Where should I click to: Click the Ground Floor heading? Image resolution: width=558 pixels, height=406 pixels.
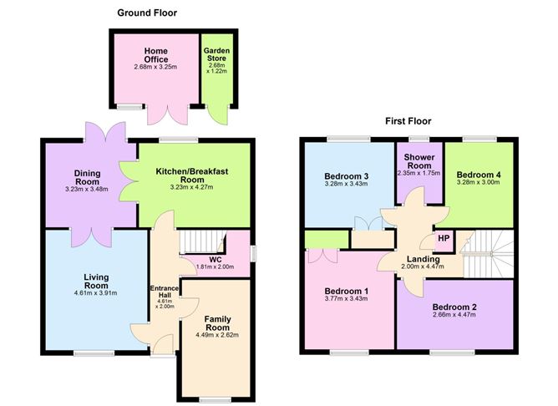(147, 13)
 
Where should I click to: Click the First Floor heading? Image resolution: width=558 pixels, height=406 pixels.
(408, 121)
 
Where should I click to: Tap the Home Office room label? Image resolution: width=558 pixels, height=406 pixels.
(155, 54)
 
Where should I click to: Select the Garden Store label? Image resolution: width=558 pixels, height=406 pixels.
(216, 55)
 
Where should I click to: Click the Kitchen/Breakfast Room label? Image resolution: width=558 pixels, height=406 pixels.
(192, 175)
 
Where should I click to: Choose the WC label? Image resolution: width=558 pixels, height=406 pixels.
(215, 259)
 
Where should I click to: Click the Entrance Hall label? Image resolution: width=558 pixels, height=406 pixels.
(164, 293)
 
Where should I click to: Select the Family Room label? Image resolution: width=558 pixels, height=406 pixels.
(222, 323)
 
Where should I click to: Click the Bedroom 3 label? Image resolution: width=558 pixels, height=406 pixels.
(347, 175)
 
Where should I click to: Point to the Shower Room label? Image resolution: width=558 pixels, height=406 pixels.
(417, 161)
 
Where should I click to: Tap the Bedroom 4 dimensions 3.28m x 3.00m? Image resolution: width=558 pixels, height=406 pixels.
(478, 181)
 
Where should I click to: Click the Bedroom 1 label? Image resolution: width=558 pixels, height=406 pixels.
(347, 292)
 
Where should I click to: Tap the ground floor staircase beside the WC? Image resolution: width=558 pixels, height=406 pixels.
(201, 238)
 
